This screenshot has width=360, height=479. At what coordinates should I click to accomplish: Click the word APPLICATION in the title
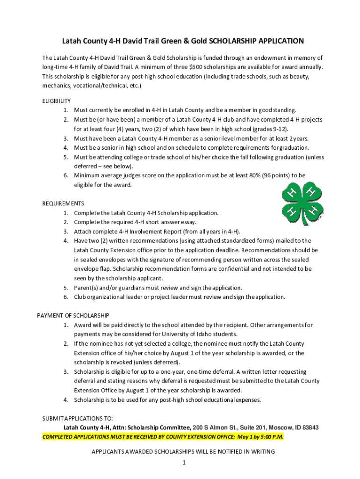tap(277, 41)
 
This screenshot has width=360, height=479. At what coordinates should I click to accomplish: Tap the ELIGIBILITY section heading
tap(57, 101)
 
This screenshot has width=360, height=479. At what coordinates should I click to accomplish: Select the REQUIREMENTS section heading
tap(63, 203)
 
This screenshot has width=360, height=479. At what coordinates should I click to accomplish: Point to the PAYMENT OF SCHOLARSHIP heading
tap(73, 316)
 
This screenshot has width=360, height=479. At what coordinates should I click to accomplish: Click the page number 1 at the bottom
tap(185, 463)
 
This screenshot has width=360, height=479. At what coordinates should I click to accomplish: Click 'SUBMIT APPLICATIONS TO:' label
tap(78, 419)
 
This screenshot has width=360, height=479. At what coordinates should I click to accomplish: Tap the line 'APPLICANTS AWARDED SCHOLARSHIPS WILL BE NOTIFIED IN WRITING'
tap(183, 452)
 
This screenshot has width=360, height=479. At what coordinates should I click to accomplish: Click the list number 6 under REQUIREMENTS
tap(66, 297)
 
